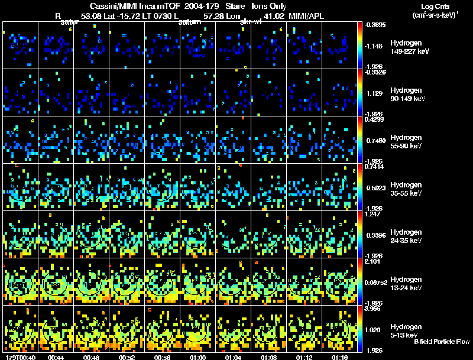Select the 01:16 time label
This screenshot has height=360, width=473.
tap(339, 357)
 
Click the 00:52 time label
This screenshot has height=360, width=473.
tap(127, 357)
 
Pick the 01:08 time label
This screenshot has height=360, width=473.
tap(268, 357)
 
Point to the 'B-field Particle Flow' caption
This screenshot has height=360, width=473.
tap(441, 342)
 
